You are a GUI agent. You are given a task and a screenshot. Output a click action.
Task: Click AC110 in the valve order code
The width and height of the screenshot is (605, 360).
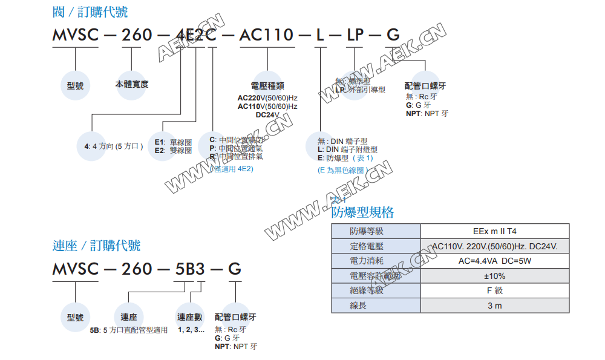pos(266,34)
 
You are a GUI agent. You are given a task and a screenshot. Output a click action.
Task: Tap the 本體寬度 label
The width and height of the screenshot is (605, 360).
pos(132,84)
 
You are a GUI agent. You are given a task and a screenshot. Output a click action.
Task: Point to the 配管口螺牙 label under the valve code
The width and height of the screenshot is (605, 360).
pos(426,87)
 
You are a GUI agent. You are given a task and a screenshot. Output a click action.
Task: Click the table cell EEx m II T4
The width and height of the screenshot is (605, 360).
pos(494,231)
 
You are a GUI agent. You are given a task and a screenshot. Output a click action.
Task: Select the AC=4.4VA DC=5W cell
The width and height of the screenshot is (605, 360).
pos(494,261)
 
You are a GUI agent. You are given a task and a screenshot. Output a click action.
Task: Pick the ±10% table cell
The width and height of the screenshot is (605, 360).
pos(494,276)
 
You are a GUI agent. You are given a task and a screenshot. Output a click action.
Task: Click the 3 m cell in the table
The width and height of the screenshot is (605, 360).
pos(494,306)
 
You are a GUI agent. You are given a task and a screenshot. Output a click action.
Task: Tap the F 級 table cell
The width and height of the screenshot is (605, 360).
pos(494,290)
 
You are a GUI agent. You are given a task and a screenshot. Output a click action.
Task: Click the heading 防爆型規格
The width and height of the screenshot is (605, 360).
pos(362,212)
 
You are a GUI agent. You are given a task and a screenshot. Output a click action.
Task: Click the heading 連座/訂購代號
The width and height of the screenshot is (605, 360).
pos(96,245)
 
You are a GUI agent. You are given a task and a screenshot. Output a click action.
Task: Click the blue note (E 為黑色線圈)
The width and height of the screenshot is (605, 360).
pos(342,171)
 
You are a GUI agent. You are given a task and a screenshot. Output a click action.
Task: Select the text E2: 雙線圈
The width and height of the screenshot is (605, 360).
pos(173,151)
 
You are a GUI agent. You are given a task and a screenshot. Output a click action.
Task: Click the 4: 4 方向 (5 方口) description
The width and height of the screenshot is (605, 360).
pos(114,146)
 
